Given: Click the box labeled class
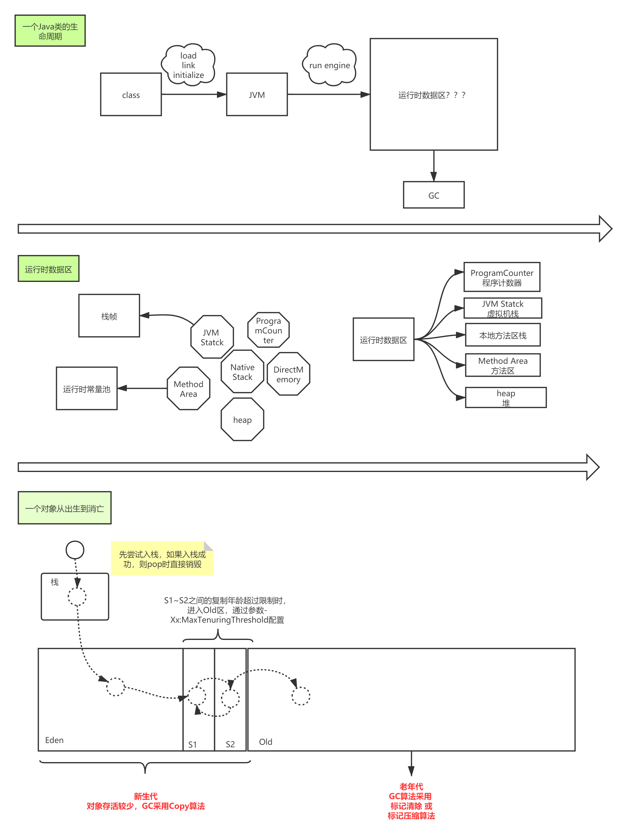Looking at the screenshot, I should [131, 95].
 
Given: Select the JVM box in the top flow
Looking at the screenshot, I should [257, 95].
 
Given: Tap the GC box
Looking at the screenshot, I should [433, 195].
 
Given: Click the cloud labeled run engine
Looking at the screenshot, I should [330, 65].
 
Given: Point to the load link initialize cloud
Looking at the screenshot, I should [189, 65].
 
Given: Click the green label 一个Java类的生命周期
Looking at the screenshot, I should [50, 31].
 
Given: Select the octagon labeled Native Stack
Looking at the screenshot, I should [242, 372].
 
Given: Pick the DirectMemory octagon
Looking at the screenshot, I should [288, 374].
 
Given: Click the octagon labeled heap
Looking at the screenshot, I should [242, 420].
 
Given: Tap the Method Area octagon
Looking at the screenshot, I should [188, 389].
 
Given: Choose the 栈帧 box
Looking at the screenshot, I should [109, 316].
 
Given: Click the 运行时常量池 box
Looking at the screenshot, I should [87, 389].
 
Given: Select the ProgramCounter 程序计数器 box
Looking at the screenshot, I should [502, 277].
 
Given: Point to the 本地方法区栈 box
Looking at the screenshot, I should [503, 335].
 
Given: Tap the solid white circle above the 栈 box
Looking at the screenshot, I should [75, 550].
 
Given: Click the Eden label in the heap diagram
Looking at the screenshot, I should [54, 740].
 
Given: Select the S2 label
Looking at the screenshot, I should [230, 744].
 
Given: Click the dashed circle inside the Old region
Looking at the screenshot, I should [300, 696].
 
